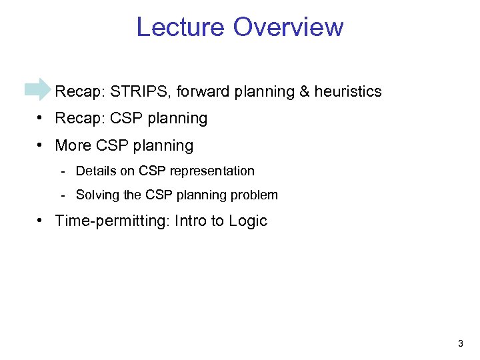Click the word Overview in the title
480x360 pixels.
[x=288, y=27]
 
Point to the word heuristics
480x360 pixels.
[x=348, y=91]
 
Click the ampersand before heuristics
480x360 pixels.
[x=305, y=91]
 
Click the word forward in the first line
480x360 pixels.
[x=201, y=91]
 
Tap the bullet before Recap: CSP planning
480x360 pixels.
[x=41, y=119]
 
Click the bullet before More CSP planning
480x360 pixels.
[x=41, y=146]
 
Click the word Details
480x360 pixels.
[x=96, y=171]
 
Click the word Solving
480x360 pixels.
[x=97, y=195]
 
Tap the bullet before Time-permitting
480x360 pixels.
[x=41, y=221]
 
